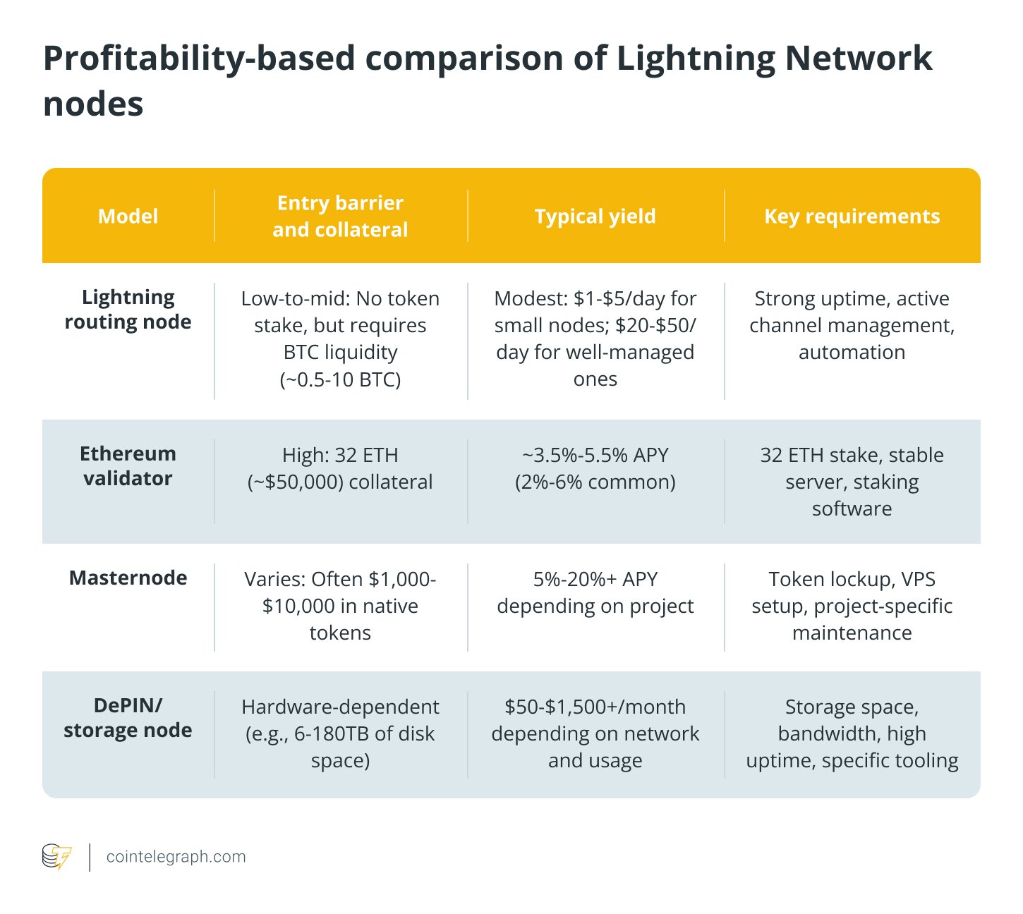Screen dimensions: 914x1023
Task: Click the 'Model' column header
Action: coord(128,216)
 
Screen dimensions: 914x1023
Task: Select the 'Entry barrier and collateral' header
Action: coord(340,216)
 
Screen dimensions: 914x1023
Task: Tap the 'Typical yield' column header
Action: coord(595,216)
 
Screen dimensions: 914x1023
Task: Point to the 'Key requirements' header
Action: coord(852,216)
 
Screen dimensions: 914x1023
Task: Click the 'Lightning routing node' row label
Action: coord(128,309)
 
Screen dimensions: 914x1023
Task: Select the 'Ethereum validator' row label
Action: coord(128,465)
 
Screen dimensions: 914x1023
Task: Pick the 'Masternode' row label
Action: coord(128,578)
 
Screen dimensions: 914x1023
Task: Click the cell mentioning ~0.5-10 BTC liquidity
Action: coord(340,339)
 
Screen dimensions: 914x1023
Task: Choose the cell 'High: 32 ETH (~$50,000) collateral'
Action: coord(340,468)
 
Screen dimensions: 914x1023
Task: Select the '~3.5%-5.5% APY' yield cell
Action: coord(595,468)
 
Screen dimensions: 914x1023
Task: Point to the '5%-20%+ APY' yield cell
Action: coord(595,592)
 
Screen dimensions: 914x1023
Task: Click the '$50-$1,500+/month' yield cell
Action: coord(595,733)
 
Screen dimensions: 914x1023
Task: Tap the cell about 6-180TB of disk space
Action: coord(340,733)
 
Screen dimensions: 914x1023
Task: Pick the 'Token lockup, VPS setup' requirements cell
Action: coord(852,606)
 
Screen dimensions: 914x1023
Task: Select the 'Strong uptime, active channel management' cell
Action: coord(852,325)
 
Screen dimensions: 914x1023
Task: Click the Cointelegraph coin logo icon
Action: coord(57,857)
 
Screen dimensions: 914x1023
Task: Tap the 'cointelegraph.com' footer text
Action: coord(176,857)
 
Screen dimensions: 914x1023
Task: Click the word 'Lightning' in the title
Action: coord(696,58)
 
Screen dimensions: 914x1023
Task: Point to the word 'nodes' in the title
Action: coord(93,104)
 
